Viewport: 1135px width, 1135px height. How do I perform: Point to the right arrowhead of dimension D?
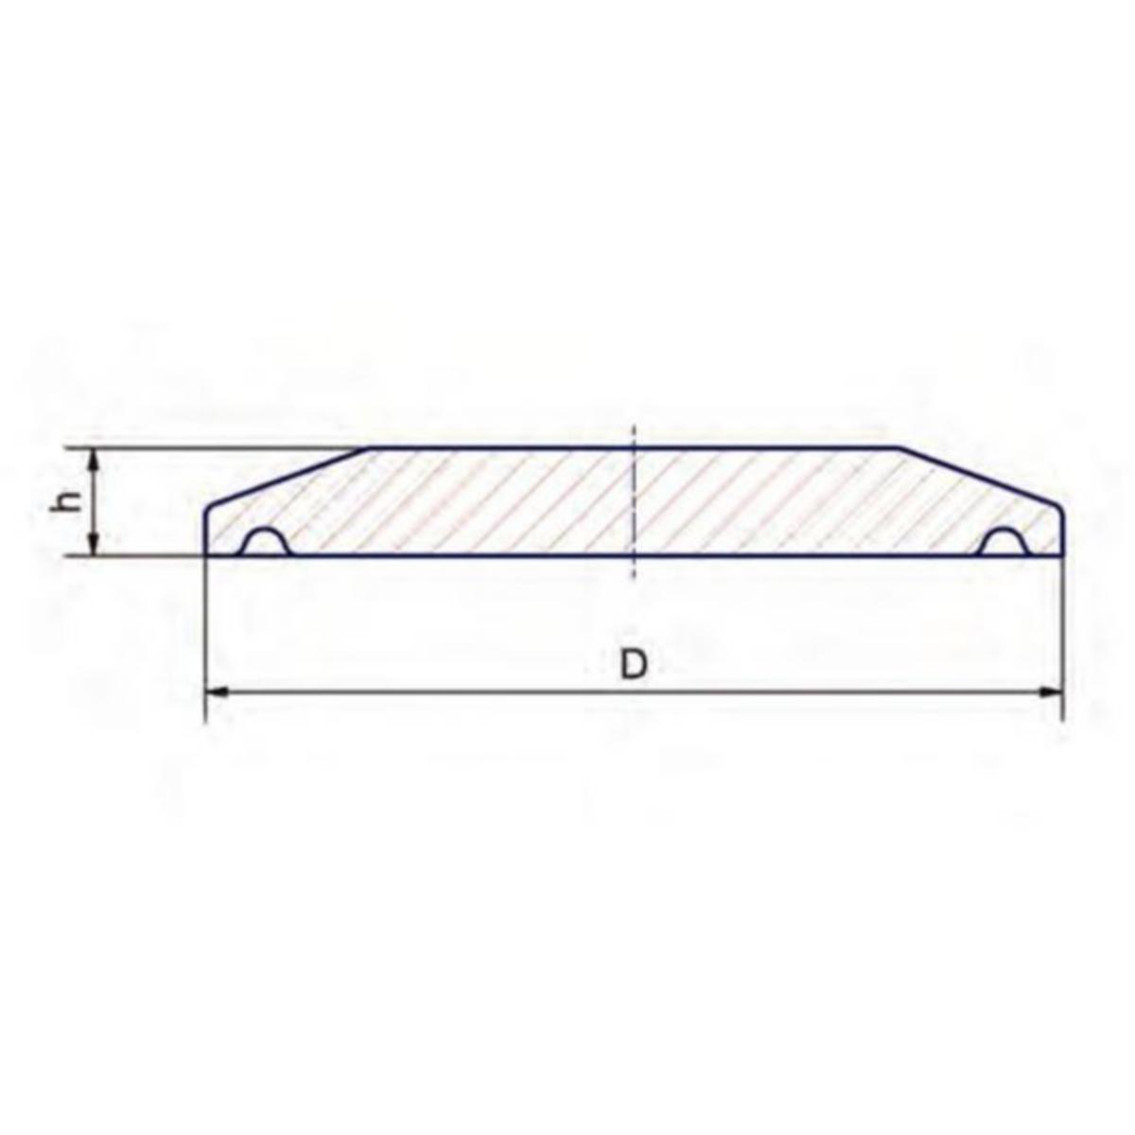1053,693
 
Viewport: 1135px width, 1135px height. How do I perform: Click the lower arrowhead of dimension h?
93,546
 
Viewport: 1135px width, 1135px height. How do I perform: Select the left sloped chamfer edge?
288,477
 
